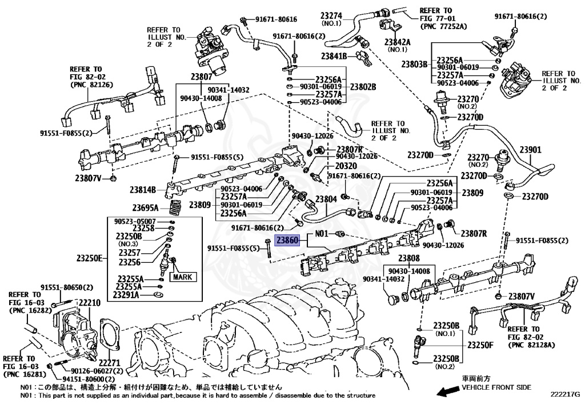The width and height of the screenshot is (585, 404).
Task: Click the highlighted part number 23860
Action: tap(287, 241)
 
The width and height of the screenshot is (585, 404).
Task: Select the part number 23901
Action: tap(530, 150)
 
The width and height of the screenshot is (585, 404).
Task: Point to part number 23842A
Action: tap(398, 42)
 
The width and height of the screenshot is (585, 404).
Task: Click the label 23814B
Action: tap(143, 190)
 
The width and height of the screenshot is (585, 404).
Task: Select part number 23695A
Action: tap(146, 207)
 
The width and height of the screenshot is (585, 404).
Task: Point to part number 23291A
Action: tap(127, 295)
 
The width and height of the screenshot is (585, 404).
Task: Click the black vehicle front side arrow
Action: tap(446, 391)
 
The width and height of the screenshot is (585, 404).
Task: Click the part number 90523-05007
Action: tap(135, 221)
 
